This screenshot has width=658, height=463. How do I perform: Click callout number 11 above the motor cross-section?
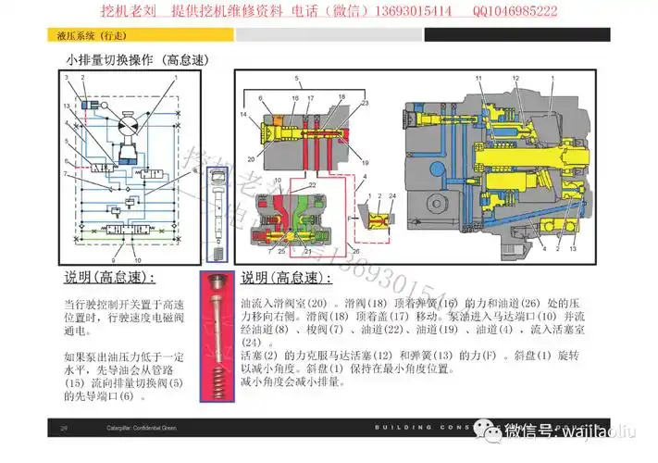pyautogui.click(x=478, y=81)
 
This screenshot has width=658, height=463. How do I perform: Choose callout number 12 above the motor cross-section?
pyautogui.click(x=518, y=81)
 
